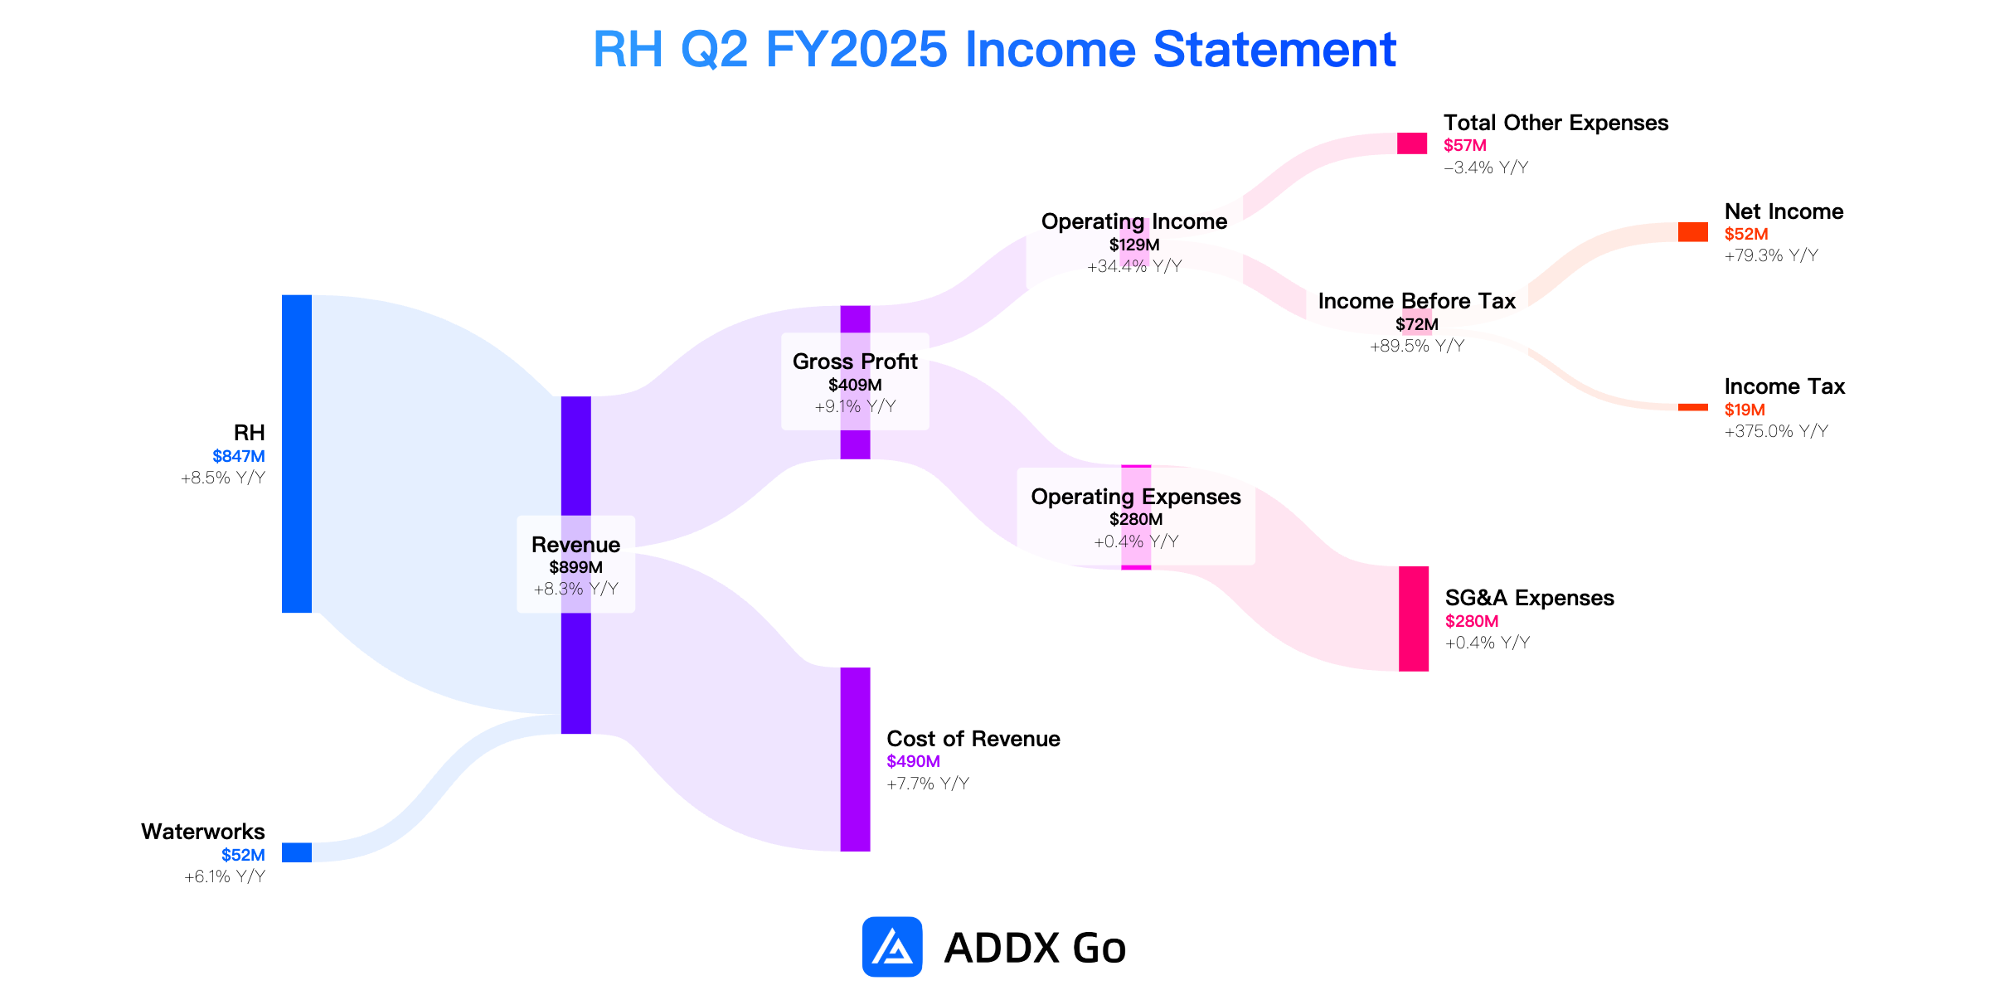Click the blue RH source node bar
click(x=297, y=454)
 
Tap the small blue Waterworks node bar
click(x=297, y=852)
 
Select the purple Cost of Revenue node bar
click(x=856, y=760)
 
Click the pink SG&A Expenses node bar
click(x=1414, y=619)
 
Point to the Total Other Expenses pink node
click(x=1412, y=143)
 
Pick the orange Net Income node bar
click(x=1693, y=232)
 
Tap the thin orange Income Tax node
click(x=1693, y=407)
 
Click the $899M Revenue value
click(x=576, y=567)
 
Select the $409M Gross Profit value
click(x=855, y=385)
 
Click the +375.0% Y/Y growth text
click(x=1776, y=431)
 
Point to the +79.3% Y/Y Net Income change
click(x=1771, y=255)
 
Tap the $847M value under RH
click(x=239, y=456)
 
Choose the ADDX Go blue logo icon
click(x=892, y=946)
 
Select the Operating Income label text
click(x=1134, y=221)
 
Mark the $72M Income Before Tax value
click(x=1417, y=324)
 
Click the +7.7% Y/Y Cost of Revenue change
click(x=928, y=784)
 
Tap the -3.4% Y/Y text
click(x=1486, y=167)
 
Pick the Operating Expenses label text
click(x=1136, y=497)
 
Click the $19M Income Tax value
click(x=1745, y=410)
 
